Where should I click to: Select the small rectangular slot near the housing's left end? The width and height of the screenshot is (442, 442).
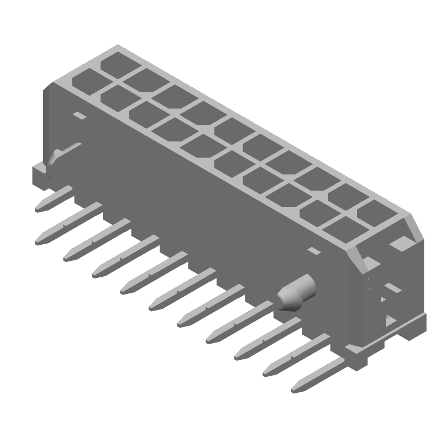pos(80,116)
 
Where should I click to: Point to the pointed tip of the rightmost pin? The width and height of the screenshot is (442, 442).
pos(296,389)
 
